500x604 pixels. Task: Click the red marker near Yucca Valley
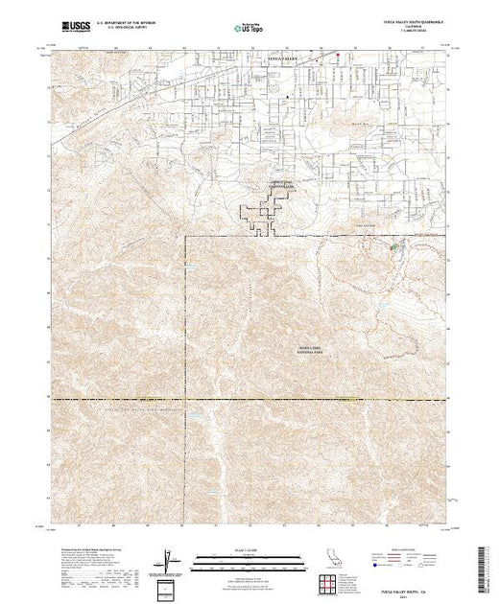337,54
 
